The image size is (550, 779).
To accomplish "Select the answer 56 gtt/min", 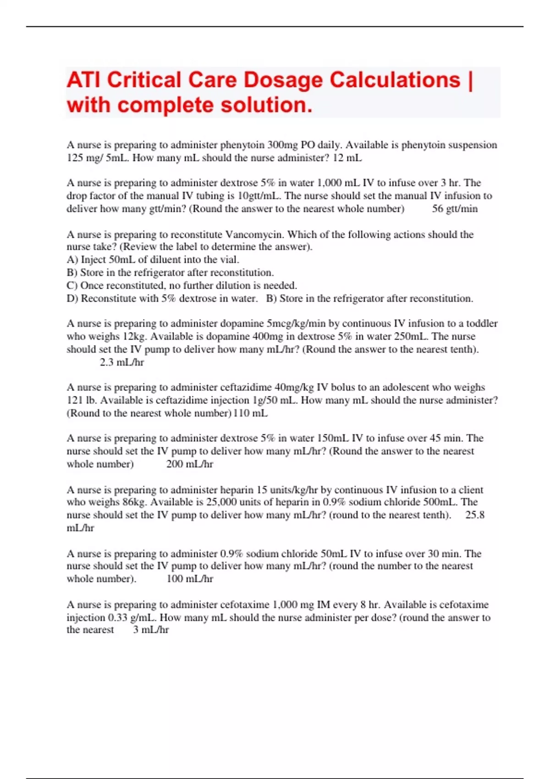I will click(x=455, y=209).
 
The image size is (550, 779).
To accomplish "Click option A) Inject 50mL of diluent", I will click(x=153, y=260).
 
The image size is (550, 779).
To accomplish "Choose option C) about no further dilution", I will click(x=181, y=285).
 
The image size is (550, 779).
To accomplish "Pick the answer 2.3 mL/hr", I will click(x=121, y=362).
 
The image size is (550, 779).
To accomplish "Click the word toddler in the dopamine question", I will click(x=482, y=324).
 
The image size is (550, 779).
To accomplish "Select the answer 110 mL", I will click(x=251, y=413).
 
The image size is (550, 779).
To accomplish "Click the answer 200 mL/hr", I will click(x=189, y=464).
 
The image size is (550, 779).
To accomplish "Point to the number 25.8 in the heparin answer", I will click(x=475, y=515).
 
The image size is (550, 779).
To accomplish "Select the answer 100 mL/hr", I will click(x=189, y=579).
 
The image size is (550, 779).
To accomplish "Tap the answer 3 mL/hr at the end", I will click(x=151, y=630).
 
